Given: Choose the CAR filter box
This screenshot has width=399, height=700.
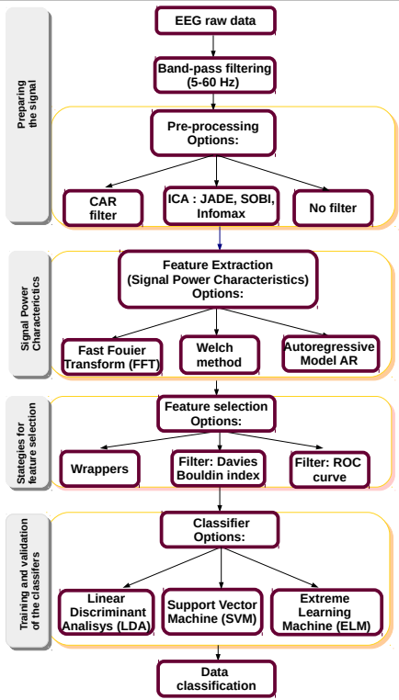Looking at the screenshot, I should (103, 209).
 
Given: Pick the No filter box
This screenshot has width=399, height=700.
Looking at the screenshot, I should (332, 209).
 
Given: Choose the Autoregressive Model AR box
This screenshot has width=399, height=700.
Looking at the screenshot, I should (328, 353).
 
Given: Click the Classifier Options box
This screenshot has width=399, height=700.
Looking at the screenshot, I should (219, 529).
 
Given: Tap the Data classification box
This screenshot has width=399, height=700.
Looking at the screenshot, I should (217, 679).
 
